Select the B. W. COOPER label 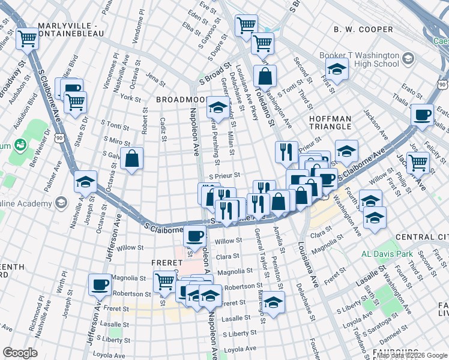pos(363,29)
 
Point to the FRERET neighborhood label pos(167,263)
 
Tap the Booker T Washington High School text pos(359,59)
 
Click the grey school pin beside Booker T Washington pos(409,58)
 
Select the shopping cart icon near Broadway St pos(27,40)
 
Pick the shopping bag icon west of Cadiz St pos(131,159)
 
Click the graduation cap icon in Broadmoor pos(217,108)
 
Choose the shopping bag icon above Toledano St pos(265,77)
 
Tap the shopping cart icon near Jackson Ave pos(417,161)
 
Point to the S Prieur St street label pos(224,176)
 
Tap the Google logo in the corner pos(20,353)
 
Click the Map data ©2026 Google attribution pos(411,356)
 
